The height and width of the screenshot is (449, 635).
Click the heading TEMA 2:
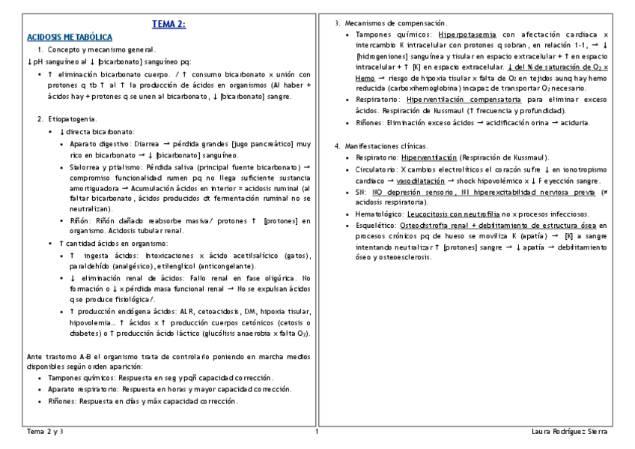point(168,24)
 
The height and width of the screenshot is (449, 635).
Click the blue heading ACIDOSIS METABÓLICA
point(70,36)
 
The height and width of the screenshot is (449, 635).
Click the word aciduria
point(573,122)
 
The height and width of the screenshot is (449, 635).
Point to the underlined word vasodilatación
point(424,181)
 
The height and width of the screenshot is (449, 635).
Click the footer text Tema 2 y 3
point(45,432)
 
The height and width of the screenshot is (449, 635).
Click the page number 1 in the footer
point(317,432)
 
